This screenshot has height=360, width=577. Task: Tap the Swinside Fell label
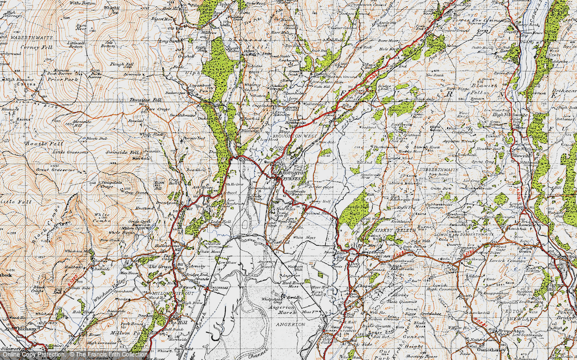(126, 153)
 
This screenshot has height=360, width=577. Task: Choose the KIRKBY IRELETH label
(396, 230)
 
